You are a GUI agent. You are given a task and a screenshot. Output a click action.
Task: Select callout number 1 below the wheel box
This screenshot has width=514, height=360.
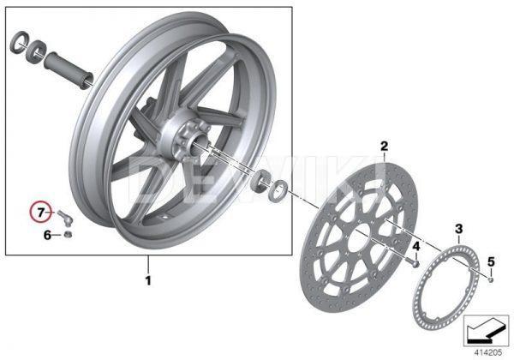pyautogui.click(x=147, y=279)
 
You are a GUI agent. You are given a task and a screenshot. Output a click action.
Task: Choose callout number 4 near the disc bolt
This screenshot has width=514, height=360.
pyautogui.click(x=415, y=246)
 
